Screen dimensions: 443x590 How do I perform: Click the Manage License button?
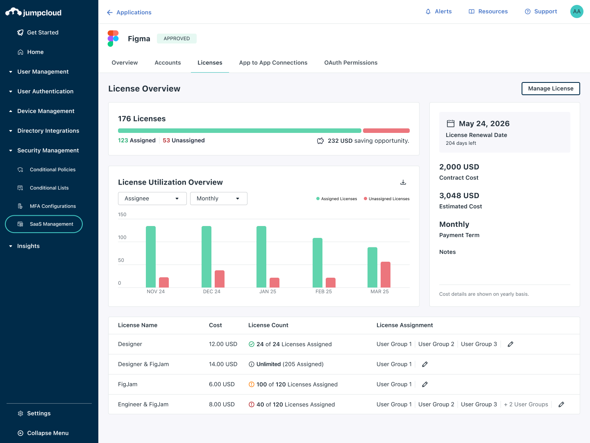550,89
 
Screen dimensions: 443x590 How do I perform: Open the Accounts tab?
168,63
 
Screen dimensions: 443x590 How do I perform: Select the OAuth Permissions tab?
351,63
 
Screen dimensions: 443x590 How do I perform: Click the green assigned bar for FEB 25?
318,263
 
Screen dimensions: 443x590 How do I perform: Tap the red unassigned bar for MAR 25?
385,274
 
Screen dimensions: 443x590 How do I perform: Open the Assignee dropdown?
152,199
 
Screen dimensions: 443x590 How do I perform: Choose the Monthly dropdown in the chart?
218,199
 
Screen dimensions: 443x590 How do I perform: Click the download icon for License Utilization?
403,182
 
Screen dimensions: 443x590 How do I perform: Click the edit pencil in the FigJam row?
425,384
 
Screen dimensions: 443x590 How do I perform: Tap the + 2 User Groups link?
526,404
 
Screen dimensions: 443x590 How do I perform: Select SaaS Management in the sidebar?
44,224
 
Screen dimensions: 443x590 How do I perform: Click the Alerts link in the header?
438,11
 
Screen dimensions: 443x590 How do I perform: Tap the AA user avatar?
576,11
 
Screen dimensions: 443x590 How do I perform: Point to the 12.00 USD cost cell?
223,344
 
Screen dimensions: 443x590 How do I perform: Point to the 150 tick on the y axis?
122,215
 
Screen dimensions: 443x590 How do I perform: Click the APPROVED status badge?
177,39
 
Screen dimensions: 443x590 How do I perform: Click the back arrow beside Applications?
110,13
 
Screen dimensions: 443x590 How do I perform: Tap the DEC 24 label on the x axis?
211,292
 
